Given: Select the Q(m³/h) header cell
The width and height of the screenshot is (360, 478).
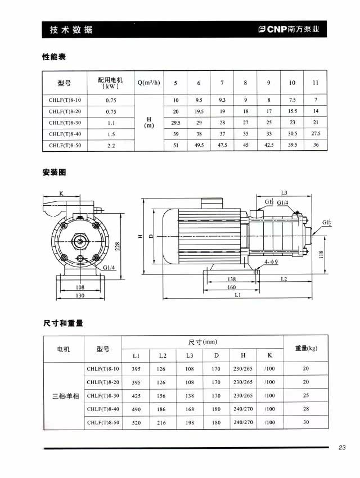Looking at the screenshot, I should [x=148, y=83].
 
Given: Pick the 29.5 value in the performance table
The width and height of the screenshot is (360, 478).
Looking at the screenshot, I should [x=175, y=122].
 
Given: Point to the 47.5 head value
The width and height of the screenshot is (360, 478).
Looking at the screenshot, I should [x=222, y=145].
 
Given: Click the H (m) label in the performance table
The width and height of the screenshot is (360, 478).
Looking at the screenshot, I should [x=149, y=122].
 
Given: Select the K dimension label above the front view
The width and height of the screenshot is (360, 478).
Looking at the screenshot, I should [x=61, y=193].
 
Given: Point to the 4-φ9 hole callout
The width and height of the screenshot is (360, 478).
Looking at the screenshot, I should [x=271, y=262].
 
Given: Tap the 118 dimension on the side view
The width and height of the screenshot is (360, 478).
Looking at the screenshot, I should [x=321, y=254].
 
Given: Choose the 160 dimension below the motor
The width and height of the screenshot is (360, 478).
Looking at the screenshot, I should [x=231, y=287].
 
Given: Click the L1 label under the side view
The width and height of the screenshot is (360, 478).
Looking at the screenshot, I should [x=238, y=295].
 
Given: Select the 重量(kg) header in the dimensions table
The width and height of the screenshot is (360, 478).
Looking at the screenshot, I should [x=306, y=348].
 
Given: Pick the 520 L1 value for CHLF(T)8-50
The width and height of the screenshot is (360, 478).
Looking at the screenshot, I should [x=136, y=422].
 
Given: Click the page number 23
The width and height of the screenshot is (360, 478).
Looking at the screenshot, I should [x=342, y=448].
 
